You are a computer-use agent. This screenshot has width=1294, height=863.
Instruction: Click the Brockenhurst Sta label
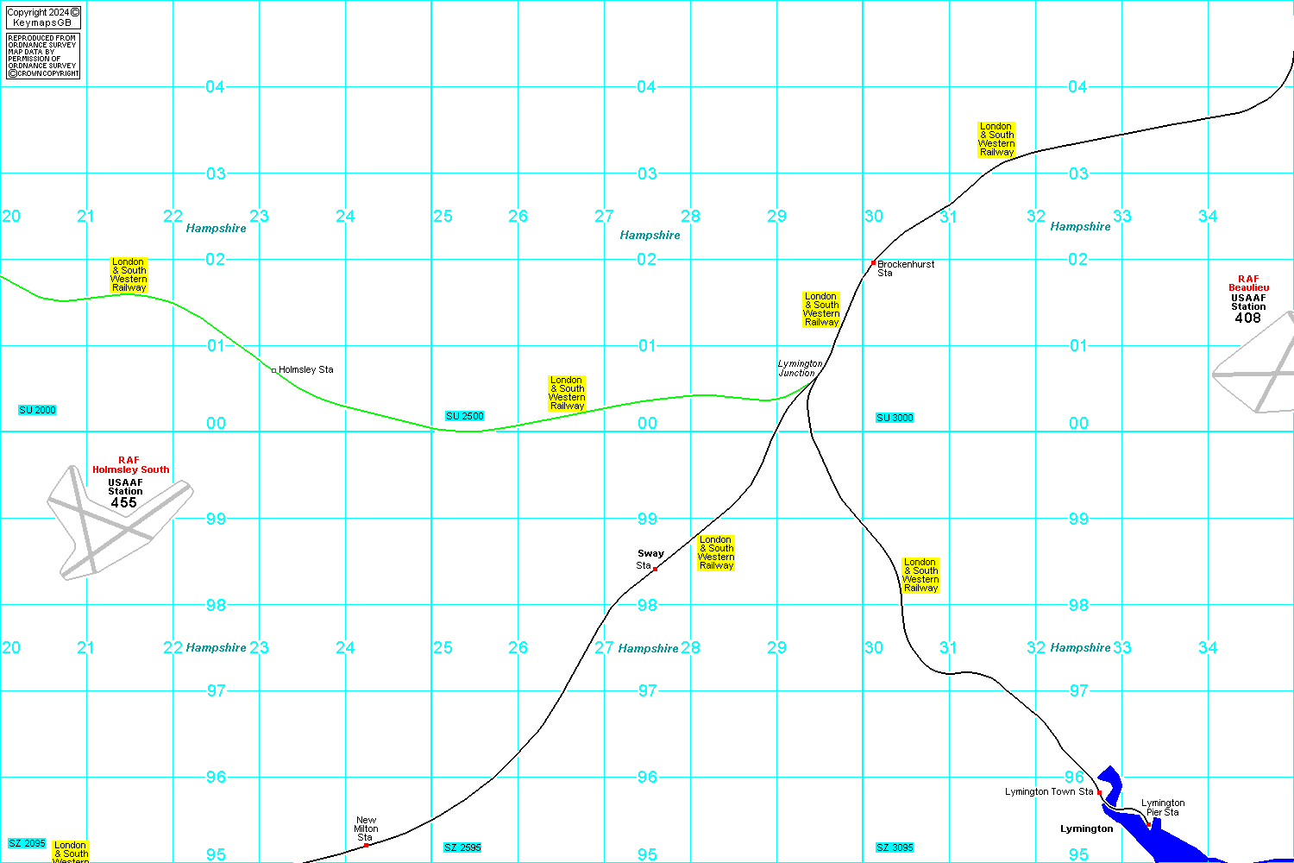tap(905, 268)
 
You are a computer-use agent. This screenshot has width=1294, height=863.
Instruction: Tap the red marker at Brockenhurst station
tap(873, 262)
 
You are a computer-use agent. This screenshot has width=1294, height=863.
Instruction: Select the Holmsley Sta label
tap(305, 369)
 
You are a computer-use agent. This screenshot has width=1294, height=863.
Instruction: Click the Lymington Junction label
tap(799, 369)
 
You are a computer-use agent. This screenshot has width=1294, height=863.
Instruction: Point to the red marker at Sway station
tap(656, 569)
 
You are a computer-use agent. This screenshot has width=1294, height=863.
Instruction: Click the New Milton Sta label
tap(366, 828)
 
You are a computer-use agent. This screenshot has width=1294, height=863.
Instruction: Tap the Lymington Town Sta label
tap(1049, 791)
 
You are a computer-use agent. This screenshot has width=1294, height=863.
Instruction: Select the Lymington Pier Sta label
tap(1162, 808)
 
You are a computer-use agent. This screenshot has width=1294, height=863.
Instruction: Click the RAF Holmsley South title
tap(130, 465)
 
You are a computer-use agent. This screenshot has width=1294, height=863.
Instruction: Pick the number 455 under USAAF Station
tap(124, 502)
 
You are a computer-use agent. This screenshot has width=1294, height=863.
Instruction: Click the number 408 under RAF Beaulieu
tap(1247, 318)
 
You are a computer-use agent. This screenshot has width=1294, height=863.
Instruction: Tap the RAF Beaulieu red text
tap(1248, 283)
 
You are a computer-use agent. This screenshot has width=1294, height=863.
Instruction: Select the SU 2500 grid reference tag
tap(464, 416)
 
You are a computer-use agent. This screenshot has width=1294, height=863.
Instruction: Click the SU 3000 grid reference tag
tap(895, 418)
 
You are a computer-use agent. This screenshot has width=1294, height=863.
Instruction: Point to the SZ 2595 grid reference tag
tap(462, 847)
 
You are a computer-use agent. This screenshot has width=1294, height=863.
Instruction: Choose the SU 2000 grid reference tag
tap(37, 410)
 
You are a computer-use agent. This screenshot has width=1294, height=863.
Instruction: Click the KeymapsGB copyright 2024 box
tap(42, 17)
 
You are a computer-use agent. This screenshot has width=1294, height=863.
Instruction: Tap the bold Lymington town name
tap(1086, 828)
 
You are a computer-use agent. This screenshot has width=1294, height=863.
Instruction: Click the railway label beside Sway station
tap(716, 552)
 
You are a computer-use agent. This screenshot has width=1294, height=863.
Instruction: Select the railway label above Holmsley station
tap(129, 274)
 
